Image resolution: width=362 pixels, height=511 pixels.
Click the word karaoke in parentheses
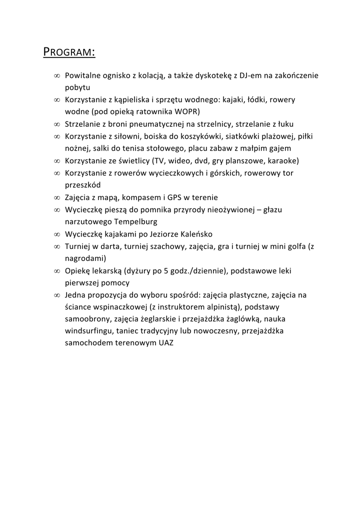(x=282, y=161)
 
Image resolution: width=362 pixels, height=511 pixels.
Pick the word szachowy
(x=171, y=246)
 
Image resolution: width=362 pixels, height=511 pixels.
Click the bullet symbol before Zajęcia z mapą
(x=57, y=198)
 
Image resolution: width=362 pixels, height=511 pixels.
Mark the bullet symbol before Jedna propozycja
(x=57, y=295)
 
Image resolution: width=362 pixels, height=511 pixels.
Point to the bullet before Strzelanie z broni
(x=57, y=124)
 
